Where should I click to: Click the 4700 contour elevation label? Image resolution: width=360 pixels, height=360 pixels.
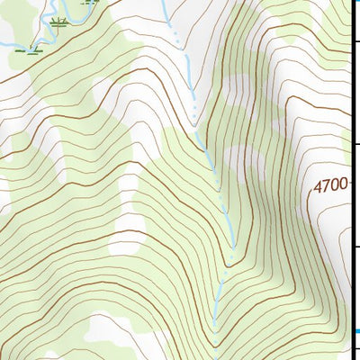(330, 186)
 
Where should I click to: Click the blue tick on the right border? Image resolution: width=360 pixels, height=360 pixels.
(357, 332)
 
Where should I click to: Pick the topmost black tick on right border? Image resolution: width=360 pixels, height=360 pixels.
(356, 41)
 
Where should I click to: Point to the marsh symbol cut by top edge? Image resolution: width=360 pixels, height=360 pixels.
(87, 2)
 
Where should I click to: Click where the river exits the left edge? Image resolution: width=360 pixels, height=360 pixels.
(2, 43)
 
